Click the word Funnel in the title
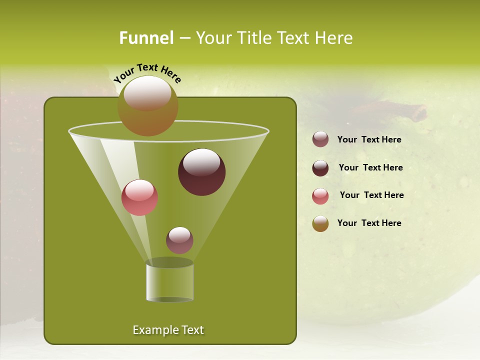[x=146, y=38]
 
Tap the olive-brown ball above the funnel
[x=148, y=105]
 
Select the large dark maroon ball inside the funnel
[x=202, y=172]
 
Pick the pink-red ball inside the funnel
[x=140, y=197]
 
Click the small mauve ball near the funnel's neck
[x=179, y=240]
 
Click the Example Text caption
[x=168, y=330]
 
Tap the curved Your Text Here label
[x=147, y=73]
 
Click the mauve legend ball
[x=320, y=139]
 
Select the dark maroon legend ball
[x=320, y=168]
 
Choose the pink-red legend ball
[x=320, y=196]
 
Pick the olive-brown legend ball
[x=320, y=223]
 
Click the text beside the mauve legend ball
[x=369, y=139]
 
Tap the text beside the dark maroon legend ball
[x=370, y=167]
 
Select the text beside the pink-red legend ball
[x=371, y=195]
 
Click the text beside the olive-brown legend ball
[x=369, y=223]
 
